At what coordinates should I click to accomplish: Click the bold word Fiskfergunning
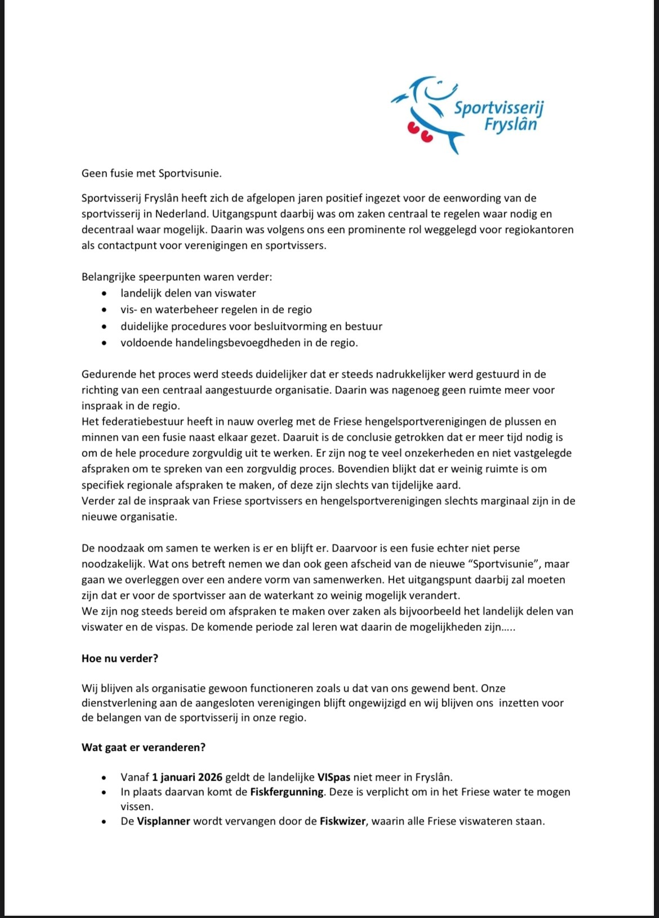pos(287,792)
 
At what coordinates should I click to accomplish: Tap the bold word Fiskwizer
pos(343,821)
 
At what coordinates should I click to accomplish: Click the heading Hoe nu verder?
pos(120,658)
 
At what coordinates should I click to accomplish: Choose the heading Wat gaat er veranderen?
pos(144,747)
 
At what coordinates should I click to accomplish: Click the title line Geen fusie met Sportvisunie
pos(152,173)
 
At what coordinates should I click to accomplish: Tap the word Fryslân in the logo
pos(510,124)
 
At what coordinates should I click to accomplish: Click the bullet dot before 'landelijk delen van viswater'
pos(103,294)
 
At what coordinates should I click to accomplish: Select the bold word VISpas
pos(334,777)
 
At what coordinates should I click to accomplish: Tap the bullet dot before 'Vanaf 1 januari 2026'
pos(103,778)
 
